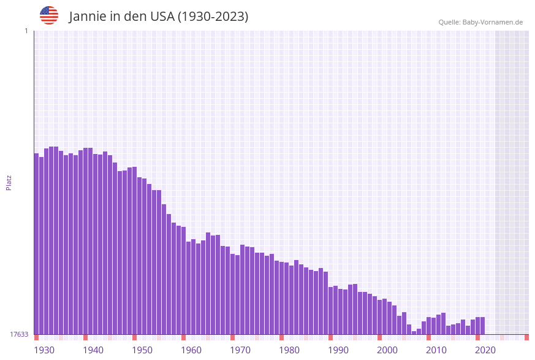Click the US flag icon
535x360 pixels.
(49, 15)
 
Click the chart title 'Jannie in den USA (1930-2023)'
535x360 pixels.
(159, 17)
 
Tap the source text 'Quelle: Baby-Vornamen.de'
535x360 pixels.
(480, 22)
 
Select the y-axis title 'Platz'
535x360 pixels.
(9, 182)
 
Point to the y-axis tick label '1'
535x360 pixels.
(26, 31)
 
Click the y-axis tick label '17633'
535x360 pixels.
(19, 334)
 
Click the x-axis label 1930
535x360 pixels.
(44, 350)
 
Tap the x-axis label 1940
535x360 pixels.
(93, 350)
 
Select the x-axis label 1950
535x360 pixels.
(142, 350)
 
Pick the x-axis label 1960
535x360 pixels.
(191, 350)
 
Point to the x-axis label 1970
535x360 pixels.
(240, 350)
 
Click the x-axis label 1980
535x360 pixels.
(289, 350)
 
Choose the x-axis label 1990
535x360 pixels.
(338, 350)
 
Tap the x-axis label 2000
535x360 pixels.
(387, 350)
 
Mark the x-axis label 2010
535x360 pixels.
(436, 350)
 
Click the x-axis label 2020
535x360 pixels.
(485, 350)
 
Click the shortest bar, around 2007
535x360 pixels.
(414, 332)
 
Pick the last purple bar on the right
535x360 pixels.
(483, 326)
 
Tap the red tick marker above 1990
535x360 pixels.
(331, 337)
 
